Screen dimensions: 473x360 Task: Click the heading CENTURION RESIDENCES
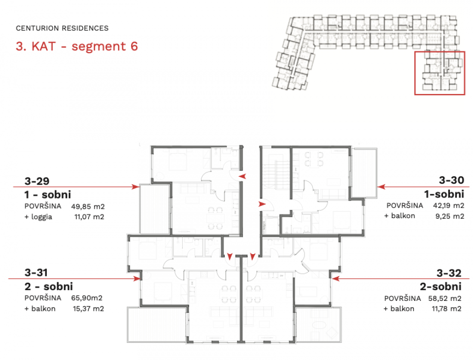(62, 29)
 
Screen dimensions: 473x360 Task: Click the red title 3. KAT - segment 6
(77, 46)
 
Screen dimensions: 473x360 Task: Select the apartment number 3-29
(37, 181)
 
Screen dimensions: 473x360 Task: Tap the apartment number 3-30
(451, 180)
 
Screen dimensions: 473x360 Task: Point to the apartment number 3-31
(36, 272)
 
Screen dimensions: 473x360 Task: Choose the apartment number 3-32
(449, 273)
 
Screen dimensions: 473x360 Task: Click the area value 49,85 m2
(88, 206)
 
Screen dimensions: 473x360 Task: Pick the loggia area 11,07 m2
(89, 217)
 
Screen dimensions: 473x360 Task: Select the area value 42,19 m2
(448, 206)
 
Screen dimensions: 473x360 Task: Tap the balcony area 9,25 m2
(450, 216)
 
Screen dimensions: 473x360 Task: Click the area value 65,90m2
(87, 298)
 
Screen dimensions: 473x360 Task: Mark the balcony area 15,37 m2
(88, 309)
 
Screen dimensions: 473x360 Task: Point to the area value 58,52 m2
(444, 298)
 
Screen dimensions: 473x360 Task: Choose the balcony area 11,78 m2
(446, 309)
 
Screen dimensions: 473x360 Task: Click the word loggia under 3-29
(41, 217)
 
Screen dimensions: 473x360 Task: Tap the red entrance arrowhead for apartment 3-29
(242, 176)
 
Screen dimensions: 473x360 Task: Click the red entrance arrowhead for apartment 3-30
(262, 204)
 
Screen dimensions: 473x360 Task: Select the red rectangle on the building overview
(439, 73)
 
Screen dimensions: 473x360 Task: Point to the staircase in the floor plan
(276, 175)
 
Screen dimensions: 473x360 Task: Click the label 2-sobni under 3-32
(440, 287)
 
